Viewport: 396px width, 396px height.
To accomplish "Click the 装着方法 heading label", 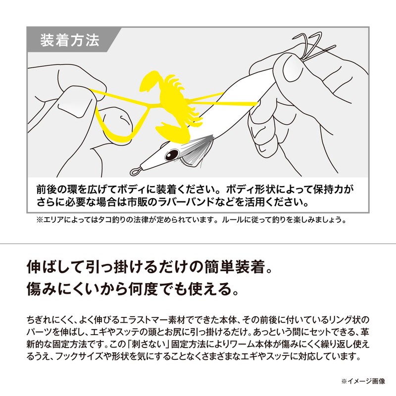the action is click(x=70, y=41).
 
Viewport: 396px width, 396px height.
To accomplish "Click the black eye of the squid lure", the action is click(x=172, y=153).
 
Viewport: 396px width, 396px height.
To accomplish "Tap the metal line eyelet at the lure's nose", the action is click(x=135, y=172).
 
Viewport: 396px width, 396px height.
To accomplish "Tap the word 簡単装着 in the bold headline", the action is click(x=235, y=267).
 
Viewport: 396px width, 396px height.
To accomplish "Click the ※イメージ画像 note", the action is click(x=363, y=381).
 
